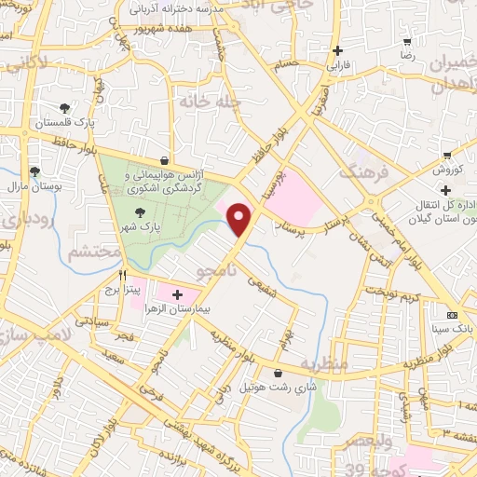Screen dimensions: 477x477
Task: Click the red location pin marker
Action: (x=241, y=219)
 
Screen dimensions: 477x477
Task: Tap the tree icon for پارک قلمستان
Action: (x=64, y=108)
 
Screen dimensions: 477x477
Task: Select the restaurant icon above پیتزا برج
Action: (x=122, y=277)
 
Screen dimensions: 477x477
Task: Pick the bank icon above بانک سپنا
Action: (x=452, y=314)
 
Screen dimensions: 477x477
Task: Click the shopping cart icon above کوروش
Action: (x=447, y=156)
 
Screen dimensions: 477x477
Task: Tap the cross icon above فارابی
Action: (x=336, y=51)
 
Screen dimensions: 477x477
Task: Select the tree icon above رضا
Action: (x=407, y=43)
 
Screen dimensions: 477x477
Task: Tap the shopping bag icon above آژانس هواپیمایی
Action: (x=164, y=160)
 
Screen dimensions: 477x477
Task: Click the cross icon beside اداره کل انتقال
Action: (x=446, y=190)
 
